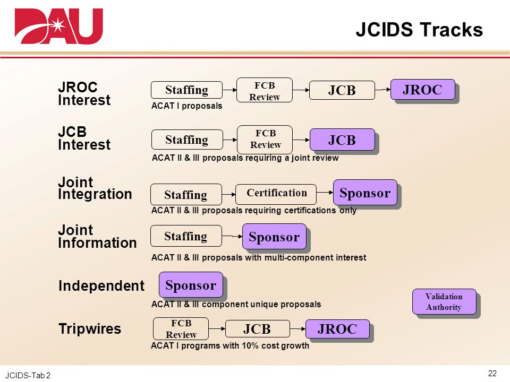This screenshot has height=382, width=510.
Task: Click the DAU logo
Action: point(59,26)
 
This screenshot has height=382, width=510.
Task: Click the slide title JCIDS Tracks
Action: point(419,30)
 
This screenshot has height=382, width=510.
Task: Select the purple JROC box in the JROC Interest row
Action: point(422,89)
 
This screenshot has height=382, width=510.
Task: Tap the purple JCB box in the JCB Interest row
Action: point(342,140)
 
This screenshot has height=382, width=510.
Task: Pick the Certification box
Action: point(276,194)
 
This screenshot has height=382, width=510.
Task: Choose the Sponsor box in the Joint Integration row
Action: point(365,193)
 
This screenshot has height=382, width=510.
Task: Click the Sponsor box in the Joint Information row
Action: point(274,237)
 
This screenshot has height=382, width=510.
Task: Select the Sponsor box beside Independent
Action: point(191,285)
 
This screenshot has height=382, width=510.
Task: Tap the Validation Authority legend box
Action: point(444,302)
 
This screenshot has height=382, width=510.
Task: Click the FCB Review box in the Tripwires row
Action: point(181,329)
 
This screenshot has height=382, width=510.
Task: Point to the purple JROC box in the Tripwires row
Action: point(337,329)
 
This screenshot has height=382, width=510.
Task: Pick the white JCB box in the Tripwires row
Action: point(257,329)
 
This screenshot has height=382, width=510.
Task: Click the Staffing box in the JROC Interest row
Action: point(186,90)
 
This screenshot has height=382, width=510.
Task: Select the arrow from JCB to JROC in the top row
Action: point(382,89)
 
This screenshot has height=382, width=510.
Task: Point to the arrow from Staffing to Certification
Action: point(228,194)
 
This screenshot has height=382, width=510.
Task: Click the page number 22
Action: point(492,373)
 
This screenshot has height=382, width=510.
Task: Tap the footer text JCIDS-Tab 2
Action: point(28,376)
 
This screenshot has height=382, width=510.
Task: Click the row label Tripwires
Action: point(90,329)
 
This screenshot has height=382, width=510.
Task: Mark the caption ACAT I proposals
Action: point(186,106)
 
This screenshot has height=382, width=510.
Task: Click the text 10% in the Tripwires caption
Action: point(250,345)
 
